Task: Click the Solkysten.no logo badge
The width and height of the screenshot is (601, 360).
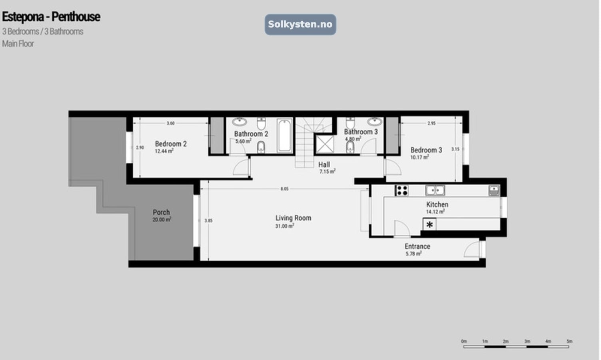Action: click(300, 24)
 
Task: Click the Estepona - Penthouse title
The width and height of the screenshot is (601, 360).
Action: click(51, 17)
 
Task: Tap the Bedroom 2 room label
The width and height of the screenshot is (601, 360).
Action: click(171, 144)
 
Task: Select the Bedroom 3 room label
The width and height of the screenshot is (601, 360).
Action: click(426, 150)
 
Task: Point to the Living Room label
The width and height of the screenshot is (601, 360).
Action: click(293, 218)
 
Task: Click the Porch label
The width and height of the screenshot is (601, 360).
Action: click(161, 212)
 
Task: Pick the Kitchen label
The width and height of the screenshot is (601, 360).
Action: click(437, 204)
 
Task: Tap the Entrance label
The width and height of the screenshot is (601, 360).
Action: click(417, 246)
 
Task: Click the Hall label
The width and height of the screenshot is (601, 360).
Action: click(324, 164)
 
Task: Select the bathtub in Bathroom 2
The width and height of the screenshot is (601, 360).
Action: click(285, 135)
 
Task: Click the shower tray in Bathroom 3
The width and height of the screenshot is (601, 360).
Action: click(325, 144)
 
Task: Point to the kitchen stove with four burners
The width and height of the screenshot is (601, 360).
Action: click(401, 190)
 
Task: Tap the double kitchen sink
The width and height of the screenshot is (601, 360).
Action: click(435, 190)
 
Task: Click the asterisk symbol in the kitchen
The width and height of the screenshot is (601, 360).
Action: click(429, 225)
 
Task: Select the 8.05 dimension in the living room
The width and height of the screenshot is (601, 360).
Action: click(284, 189)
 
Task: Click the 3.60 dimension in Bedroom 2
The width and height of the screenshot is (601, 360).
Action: click(171, 123)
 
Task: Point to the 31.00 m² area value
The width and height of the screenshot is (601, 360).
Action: click(284, 226)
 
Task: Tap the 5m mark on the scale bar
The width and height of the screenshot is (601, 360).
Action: click(569, 341)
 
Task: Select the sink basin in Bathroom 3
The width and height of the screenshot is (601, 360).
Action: click(375, 121)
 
